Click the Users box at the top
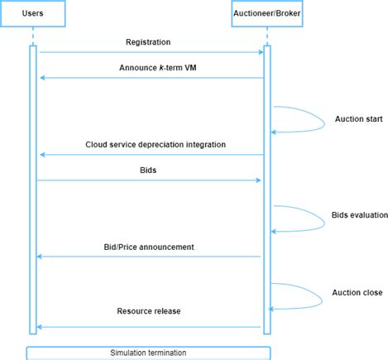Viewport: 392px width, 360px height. click(33, 14)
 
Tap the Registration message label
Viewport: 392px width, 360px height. click(150, 41)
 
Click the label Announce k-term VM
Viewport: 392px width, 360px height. click(150, 68)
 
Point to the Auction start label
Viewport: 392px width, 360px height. click(357, 118)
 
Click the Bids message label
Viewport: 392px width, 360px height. click(150, 170)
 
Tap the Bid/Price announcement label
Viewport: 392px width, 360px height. click(150, 247)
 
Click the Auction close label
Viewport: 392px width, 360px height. click(357, 292)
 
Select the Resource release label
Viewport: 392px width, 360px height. click(150, 311)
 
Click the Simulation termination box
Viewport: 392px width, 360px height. click(149, 353)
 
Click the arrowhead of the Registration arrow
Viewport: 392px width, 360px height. click(260, 53)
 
